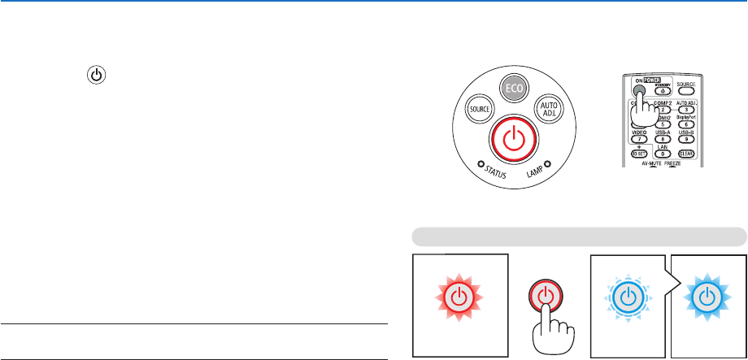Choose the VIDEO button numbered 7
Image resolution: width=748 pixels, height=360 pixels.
[x=640, y=138]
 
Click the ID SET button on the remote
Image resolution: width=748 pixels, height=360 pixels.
[x=640, y=153]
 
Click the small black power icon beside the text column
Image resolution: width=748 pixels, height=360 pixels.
[x=97, y=75]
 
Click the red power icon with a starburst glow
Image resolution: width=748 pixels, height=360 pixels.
[x=459, y=296]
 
